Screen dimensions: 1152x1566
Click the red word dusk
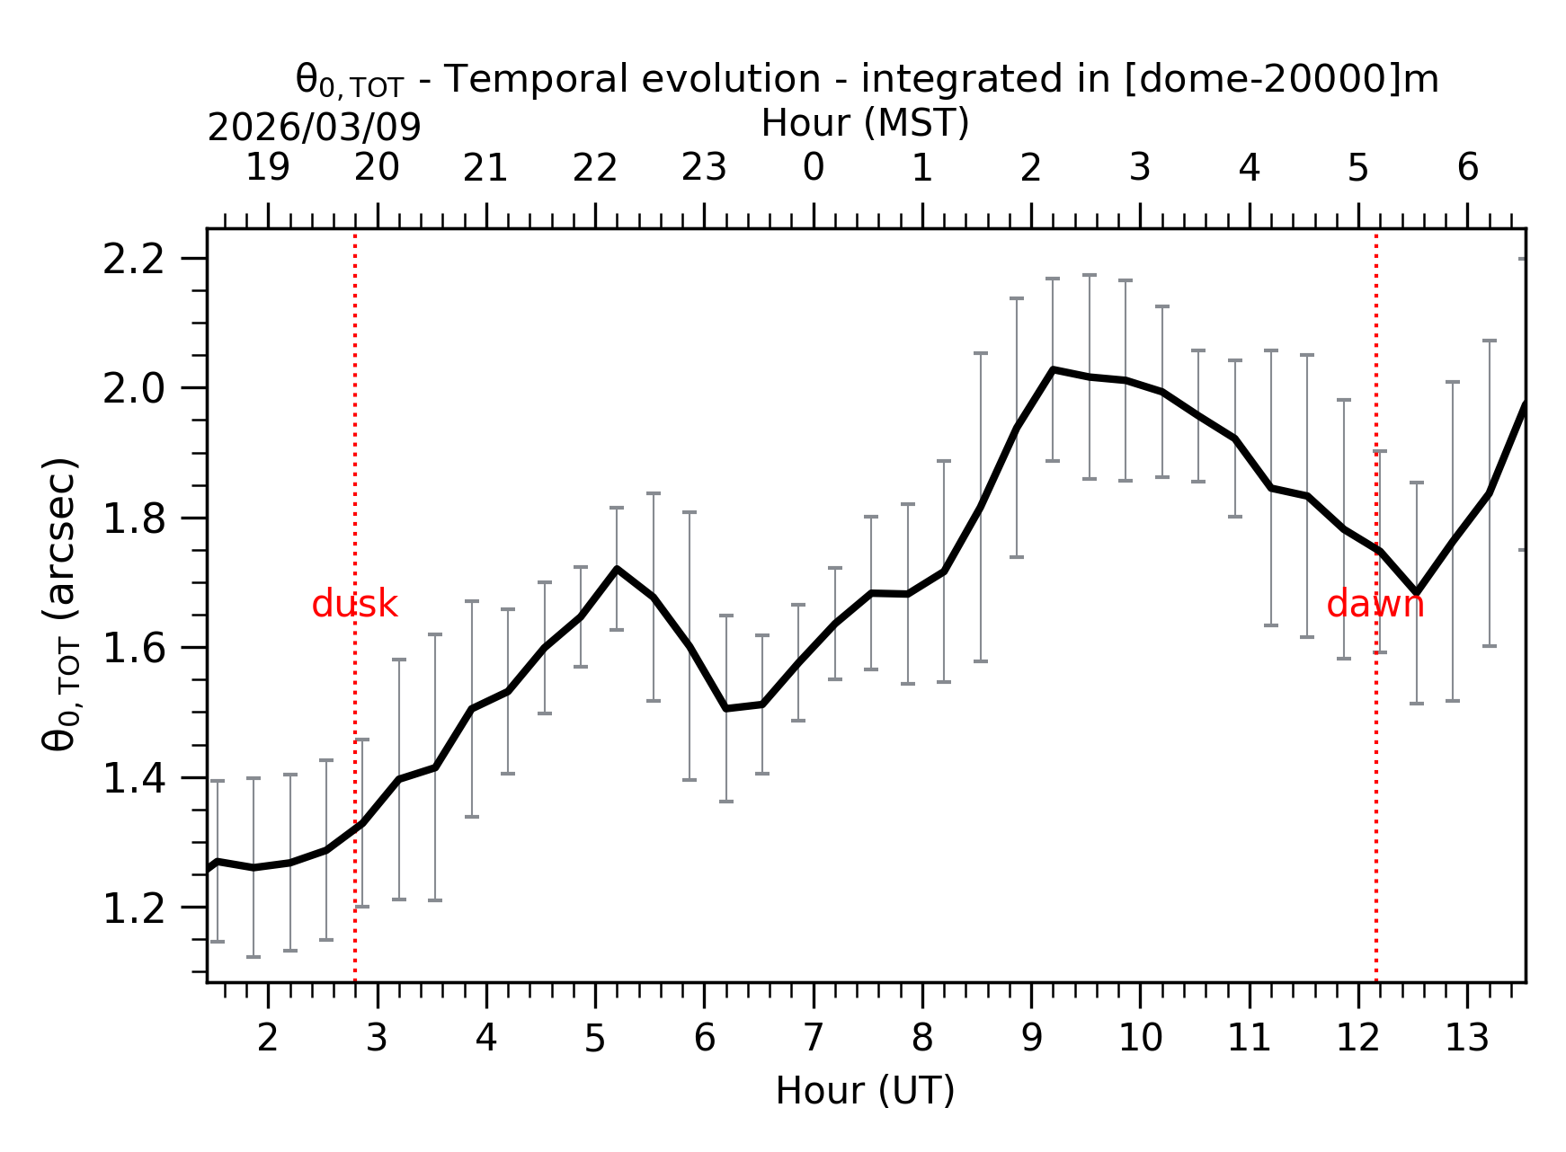point(354,605)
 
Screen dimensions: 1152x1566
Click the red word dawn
point(1375,605)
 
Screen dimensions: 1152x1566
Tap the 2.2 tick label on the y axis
point(134,261)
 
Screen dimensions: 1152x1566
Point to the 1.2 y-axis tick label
point(134,909)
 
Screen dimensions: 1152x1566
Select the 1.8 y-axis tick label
point(134,520)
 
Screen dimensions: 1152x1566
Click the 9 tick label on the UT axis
point(1031,1039)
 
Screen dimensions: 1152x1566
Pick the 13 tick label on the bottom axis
point(1466,1039)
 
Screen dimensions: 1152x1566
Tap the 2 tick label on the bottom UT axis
point(268,1039)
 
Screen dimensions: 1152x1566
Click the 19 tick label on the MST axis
point(268,168)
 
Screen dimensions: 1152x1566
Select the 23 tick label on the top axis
point(704,168)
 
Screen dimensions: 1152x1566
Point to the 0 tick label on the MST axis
point(814,168)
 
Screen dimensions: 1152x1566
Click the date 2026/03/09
point(314,128)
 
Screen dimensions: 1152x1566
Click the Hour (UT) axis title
point(865,1091)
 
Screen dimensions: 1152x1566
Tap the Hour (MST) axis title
point(865,124)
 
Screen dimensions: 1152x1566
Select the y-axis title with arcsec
point(61,604)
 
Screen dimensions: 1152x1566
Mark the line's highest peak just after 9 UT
point(1053,369)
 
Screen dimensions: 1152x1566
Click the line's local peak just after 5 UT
point(617,569)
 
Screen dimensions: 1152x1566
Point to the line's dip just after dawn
point(1416,593)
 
